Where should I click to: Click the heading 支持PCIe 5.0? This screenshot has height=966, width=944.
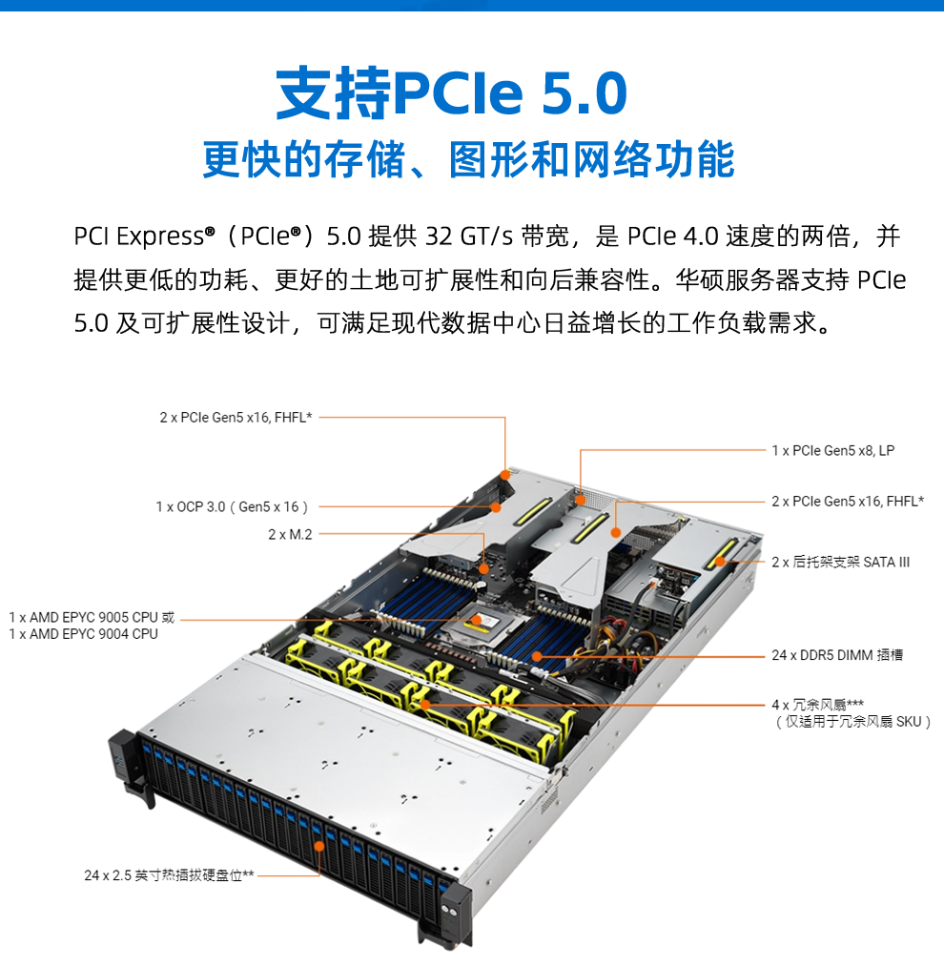[x=451, y=92]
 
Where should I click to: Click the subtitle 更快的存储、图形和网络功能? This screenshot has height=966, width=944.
[x=468, y=159]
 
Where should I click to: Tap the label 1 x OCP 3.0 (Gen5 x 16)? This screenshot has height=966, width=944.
[x=232, y=507]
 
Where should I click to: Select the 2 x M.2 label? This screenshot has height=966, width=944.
[x=290, y=534]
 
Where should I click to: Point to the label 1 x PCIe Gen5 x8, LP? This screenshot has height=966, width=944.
[x=833, y=450]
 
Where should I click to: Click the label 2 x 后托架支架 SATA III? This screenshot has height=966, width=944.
[x=840, y=562]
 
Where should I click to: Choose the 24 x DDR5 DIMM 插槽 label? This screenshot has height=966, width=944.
[x=837, y=655]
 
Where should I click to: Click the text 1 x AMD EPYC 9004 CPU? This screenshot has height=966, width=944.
[x=83, y=634]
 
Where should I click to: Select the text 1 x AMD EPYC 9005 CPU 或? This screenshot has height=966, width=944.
[x=92, y=617]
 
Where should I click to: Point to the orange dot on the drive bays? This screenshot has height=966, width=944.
[x=319, y=846]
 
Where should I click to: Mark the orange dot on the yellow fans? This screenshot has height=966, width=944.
[x=424, y=704]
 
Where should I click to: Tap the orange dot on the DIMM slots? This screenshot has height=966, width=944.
[x=537, y=657]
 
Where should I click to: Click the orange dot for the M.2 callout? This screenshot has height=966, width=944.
[x=483, y=568]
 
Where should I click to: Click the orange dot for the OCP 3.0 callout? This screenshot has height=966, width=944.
[x=496, y=507]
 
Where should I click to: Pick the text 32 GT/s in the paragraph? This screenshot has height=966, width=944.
[x=469, y=236]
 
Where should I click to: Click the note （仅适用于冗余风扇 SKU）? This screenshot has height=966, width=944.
[x=852, y=722]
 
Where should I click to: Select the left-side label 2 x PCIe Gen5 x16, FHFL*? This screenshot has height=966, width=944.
[x=236, y=417]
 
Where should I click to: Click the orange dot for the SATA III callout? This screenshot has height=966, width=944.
[x=720, y=562]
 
